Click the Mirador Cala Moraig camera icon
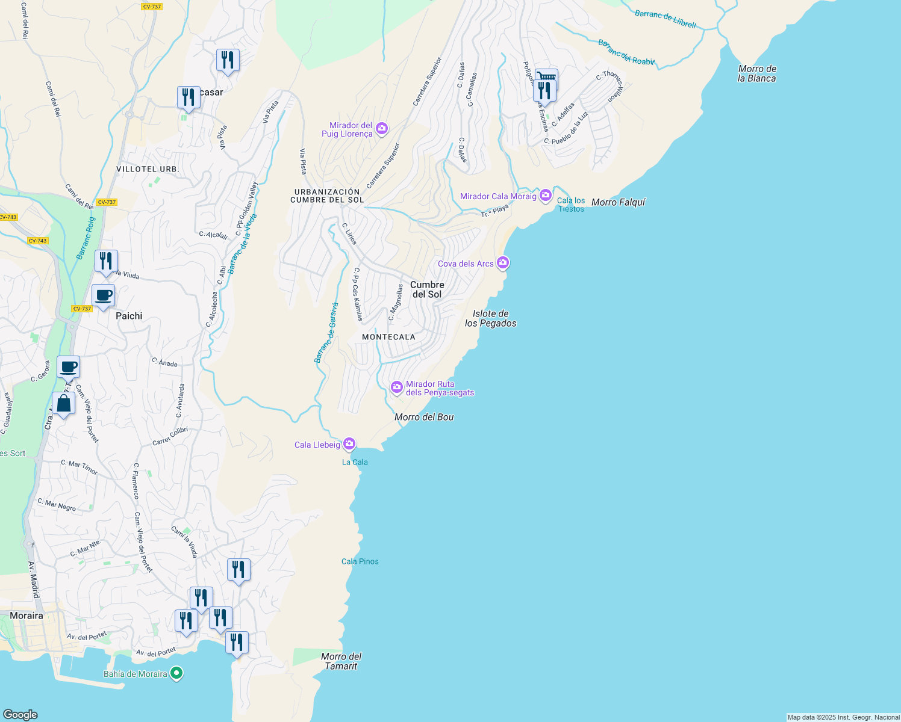tap(546, 196)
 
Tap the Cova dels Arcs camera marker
tap(503, 263)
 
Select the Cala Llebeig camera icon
tap(349, 445)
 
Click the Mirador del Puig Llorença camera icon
tap(382, 129)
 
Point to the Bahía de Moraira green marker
tap(176, 673)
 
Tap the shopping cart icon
tap(546, 76)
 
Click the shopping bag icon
tap(63, 404)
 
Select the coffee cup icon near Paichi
tap(104, 295)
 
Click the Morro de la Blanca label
tap(757, 73)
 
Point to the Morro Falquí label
tap(618, 202)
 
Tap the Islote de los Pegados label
tap(491, 318)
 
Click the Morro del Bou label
tap(424, 417)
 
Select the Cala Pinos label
tap(360, 561)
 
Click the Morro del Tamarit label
tap(341, 661)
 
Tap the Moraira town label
tap(26, 616)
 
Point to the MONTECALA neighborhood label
tap(388, 337)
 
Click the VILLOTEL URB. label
tap(148, 169)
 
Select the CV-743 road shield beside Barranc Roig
tap(37, 241)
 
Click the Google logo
tap(20, 714)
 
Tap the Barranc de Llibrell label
tap(666, 19)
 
